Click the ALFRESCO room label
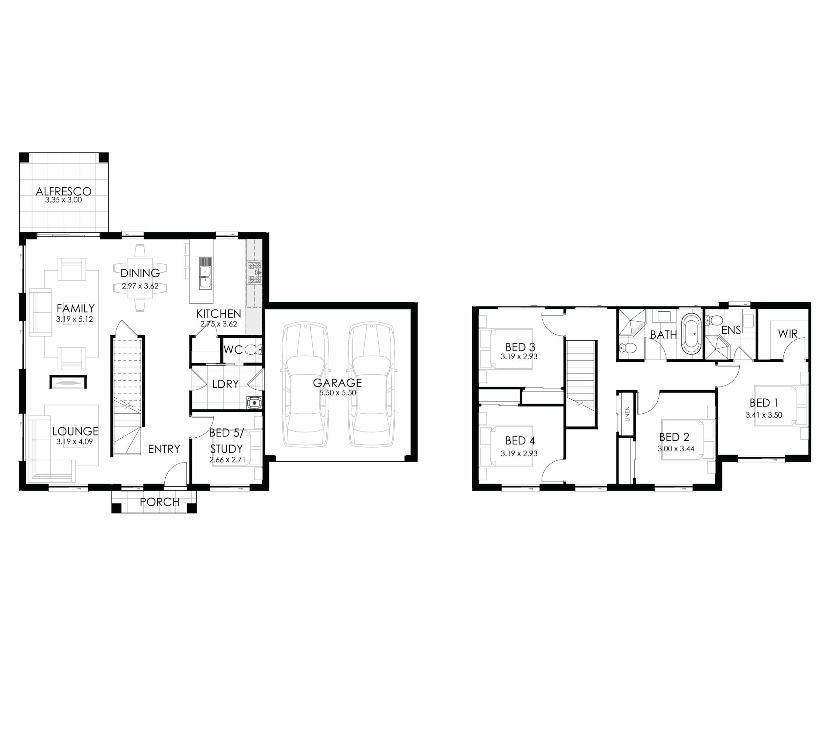[63, 191]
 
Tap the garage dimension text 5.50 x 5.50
[337, 393]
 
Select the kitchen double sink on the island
[205, 273]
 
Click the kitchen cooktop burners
[255, 272]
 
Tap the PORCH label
[160, 502]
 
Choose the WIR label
[788, 334]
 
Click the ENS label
[731, 330]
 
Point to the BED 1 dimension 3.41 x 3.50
[764, 415]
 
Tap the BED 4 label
[520, 440]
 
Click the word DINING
[140, 273]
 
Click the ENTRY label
[164, 449]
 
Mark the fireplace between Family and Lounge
[68, 382]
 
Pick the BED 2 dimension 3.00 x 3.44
[676, 448]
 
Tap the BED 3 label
[520, 347]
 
